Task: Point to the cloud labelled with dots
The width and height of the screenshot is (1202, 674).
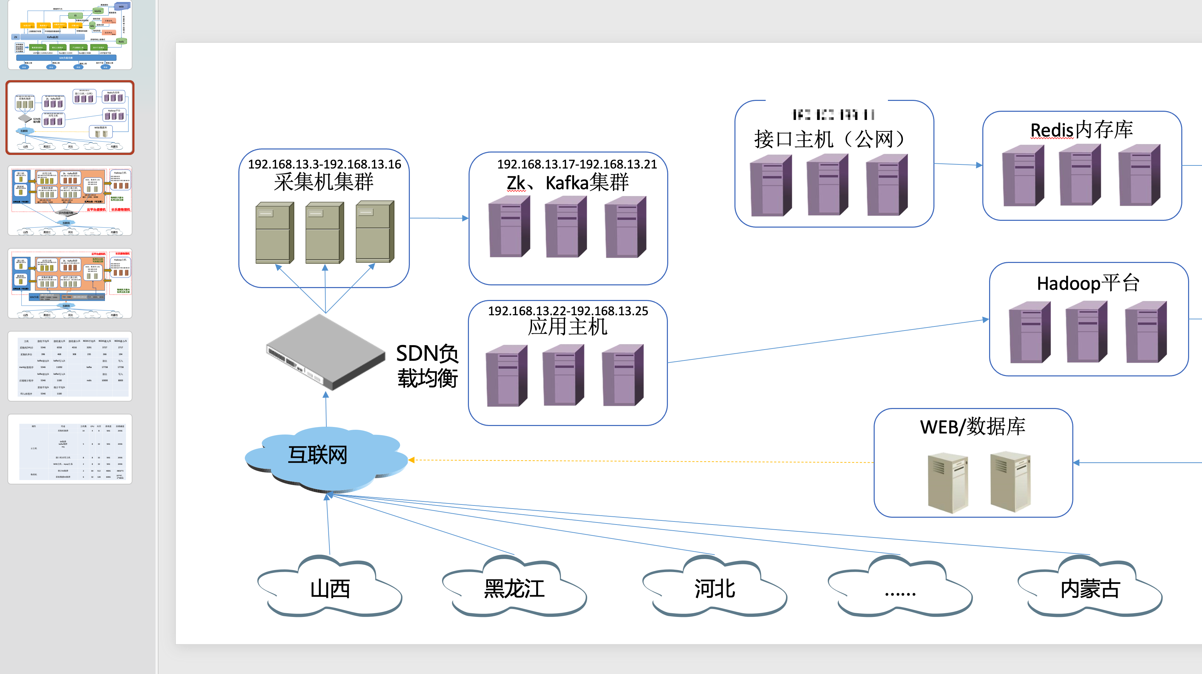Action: click(900, 590)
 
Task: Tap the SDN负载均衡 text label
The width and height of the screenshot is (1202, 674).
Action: click(427, 366)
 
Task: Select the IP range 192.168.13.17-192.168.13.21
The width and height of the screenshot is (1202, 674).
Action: click(577, 164)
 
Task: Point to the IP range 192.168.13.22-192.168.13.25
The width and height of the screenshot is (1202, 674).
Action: click(568, 311)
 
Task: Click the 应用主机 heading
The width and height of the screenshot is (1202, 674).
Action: click(567, 327)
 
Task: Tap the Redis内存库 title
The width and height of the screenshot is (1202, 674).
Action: click(1081, 130)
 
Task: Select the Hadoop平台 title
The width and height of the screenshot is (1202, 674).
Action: click(1088, 283)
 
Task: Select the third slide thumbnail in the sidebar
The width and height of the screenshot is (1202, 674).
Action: click(70, 201)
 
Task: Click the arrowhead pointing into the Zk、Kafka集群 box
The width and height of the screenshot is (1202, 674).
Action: click(465, 218)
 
